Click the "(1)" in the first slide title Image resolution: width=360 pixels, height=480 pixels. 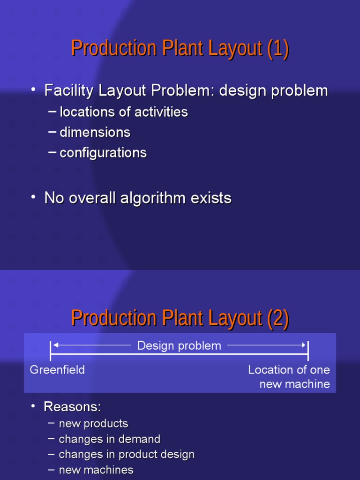click(278, 49)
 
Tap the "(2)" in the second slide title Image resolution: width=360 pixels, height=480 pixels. click(278, 319)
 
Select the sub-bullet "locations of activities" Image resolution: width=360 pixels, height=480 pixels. click(124, 112)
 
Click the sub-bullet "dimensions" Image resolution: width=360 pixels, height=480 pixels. click(95, 132)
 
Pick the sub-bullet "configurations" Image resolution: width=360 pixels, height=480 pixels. click(103, 153)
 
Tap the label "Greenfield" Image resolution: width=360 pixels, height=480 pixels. click(57, 370)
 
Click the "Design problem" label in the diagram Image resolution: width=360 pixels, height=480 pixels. click(179, 346)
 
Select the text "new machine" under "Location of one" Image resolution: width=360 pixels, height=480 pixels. click(295, 384)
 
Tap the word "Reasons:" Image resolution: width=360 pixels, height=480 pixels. click(73, 406)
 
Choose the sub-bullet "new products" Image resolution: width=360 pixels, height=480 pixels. click(93, 424)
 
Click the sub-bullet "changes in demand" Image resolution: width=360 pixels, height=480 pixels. click(110, 439)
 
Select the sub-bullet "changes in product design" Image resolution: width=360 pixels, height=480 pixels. click(127, 454)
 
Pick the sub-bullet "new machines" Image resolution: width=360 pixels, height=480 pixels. click(96, 470)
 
